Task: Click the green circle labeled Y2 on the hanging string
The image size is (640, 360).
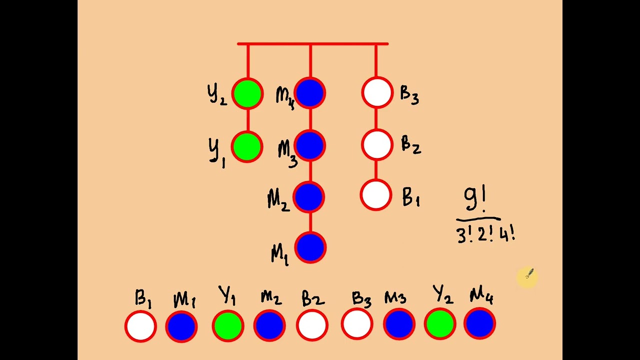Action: coord(247,93)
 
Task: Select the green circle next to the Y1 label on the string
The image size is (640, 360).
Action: coord(247,146)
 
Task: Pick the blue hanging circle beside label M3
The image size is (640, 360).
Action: coord(310,145)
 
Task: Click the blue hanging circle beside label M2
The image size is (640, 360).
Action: coord(309,196)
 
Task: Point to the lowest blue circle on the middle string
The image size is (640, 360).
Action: coord(310,247)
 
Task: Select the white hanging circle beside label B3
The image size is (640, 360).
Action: coord(377,93)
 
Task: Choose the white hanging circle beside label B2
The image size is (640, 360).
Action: coord(377,144)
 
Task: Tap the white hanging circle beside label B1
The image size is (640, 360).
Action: coord(376,195)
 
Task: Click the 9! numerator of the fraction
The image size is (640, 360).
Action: coord(475,199)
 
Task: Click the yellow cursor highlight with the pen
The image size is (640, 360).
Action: coord(527,276)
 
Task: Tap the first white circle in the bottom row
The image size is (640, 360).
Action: coord(141,326)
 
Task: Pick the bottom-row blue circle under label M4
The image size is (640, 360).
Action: coord(480,324)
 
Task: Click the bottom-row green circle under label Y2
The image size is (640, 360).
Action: coord(439,324)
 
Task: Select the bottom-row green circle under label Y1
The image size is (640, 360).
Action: coord(228,325)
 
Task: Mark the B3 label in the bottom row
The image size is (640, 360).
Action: coord(361,299)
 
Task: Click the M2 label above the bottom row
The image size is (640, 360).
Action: coord(270,298)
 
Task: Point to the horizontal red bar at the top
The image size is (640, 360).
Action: coord(312,44)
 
